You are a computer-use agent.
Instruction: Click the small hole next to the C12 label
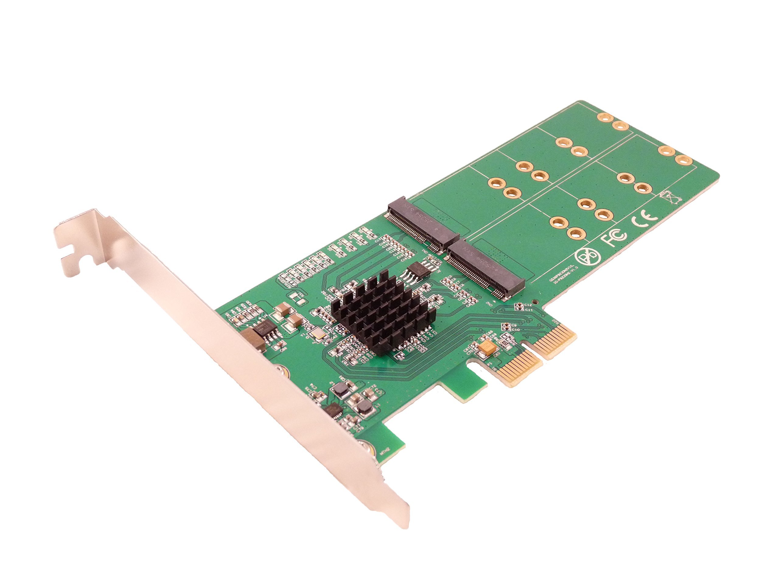(x=535, y=301)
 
